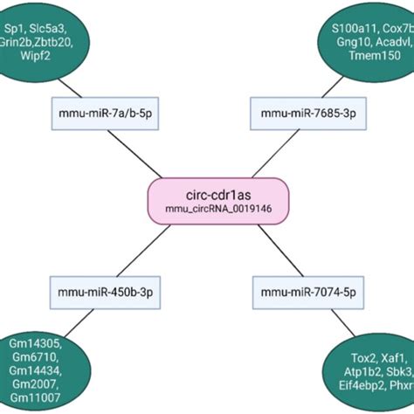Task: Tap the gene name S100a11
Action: [x=354, y=26]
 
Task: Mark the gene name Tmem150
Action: [x=375, y=56]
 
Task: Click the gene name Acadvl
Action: [x=396, y=41]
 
